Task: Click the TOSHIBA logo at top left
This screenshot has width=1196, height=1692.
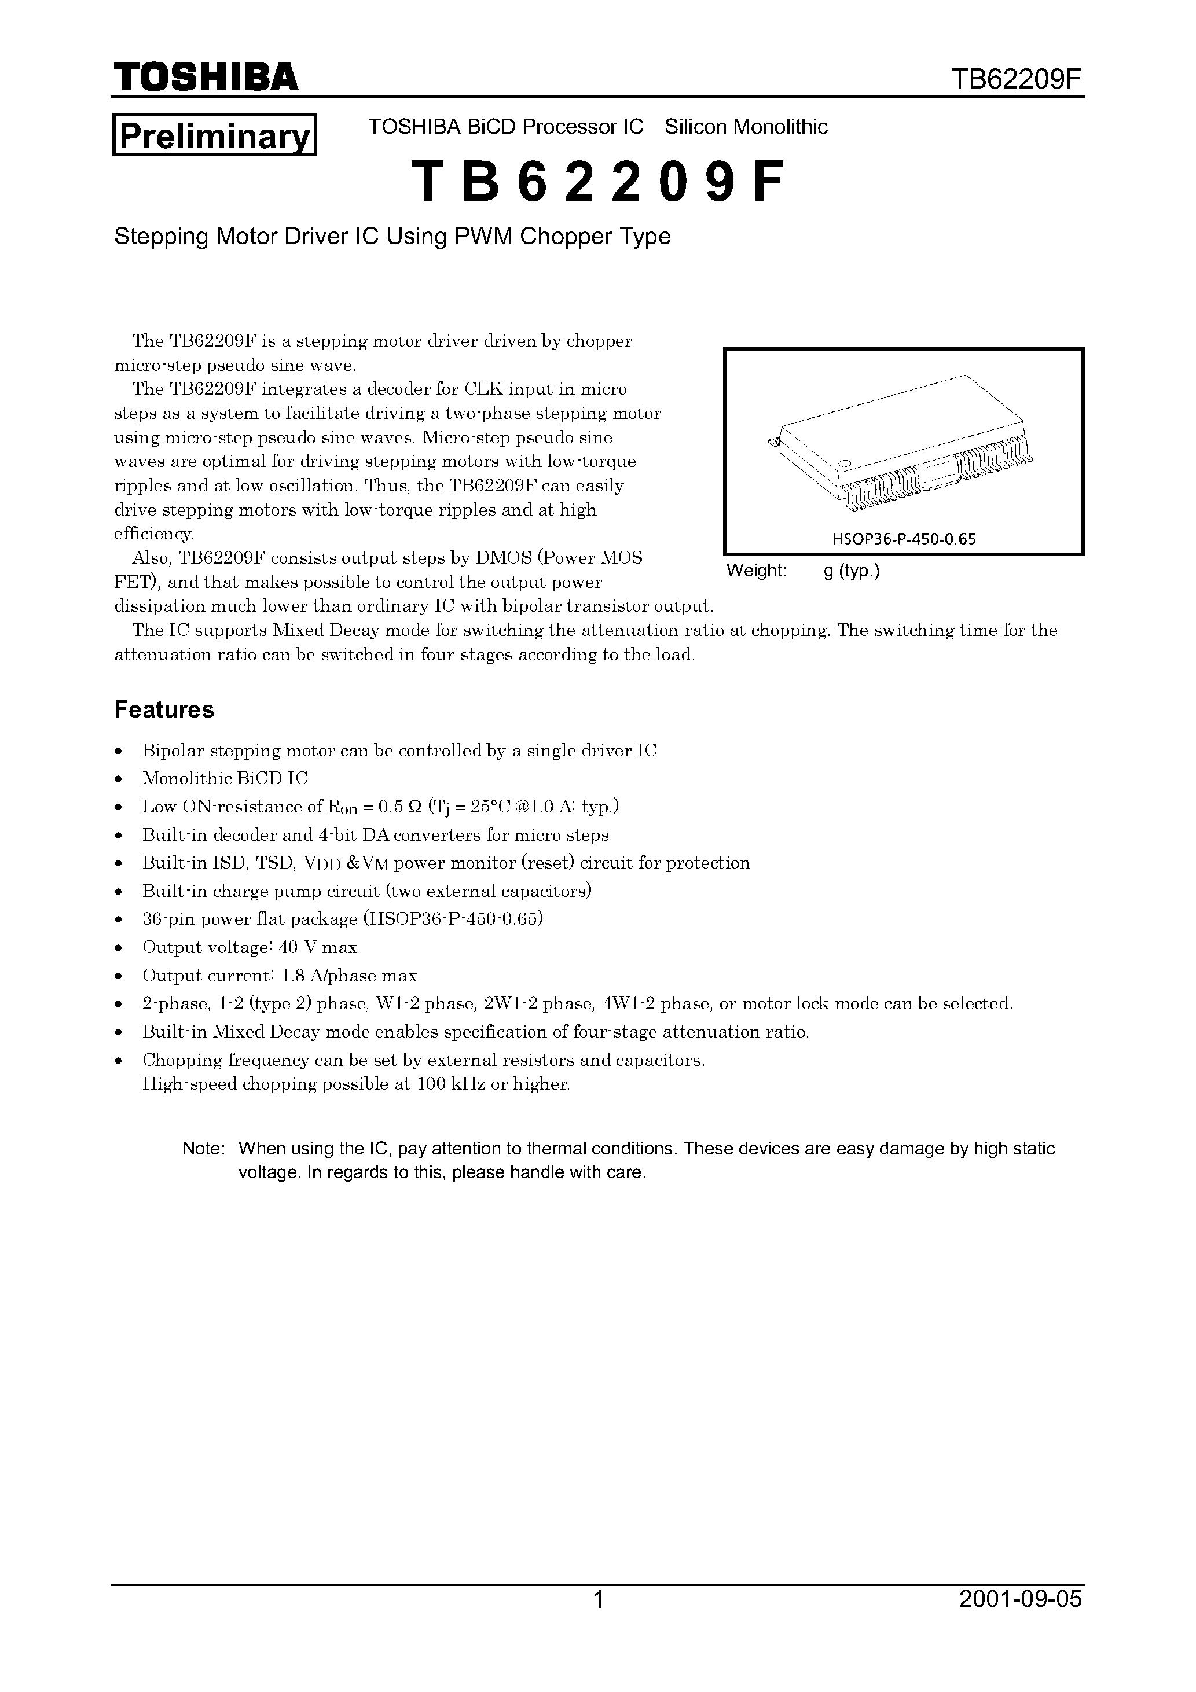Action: tap(206, 76)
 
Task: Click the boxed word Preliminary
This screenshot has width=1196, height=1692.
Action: tap(214, 135)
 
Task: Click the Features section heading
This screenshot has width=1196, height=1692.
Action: tap(164, 709)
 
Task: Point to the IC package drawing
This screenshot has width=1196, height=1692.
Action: tap(901, 445)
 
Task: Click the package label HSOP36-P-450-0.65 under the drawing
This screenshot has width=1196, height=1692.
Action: tap(903, 539)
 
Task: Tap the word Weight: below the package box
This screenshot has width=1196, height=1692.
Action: tap(757, 571)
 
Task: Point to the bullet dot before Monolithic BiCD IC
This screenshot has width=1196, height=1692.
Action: tap(119, 779)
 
